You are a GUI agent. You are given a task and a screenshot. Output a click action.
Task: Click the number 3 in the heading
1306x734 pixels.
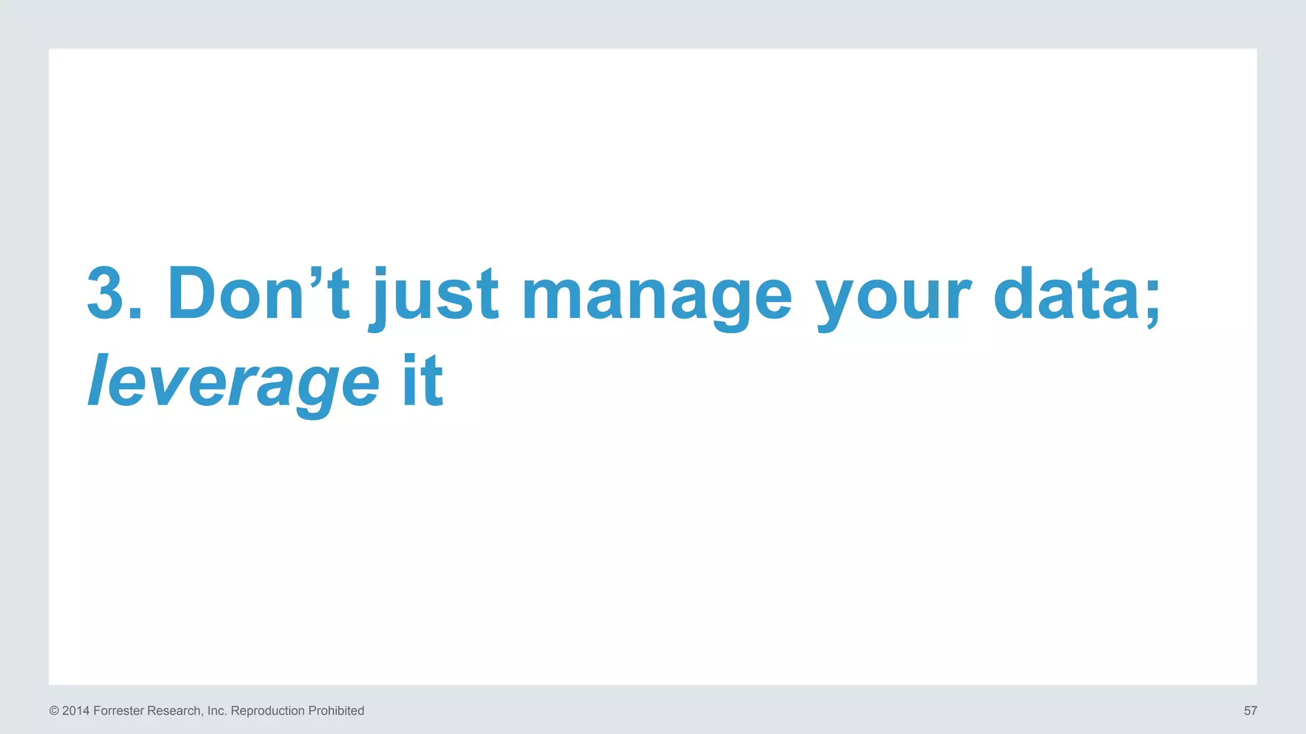coord(105,294)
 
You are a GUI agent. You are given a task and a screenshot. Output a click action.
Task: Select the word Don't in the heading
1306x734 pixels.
coord(258,294)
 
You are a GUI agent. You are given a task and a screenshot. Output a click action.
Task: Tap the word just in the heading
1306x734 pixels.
coord(434,296)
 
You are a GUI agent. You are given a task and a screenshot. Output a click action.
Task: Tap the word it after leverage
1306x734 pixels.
coord(422,381)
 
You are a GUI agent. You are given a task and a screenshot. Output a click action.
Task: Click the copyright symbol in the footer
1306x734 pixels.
coord(54,711)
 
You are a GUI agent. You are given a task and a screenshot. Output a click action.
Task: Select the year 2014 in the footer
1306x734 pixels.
coord(76,711)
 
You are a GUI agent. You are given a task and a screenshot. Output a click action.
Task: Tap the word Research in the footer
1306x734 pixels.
coord(174,711)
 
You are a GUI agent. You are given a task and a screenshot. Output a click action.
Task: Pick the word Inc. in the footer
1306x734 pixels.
coord(217,711)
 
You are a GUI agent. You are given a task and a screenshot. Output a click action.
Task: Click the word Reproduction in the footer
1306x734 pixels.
coord(267,711)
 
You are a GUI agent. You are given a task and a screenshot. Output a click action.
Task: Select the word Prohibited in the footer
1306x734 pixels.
coord(336,711)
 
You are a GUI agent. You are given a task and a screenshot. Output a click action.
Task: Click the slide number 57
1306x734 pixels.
coord(1251,711)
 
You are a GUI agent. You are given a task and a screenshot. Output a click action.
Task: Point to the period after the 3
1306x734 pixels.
coord(135,313)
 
